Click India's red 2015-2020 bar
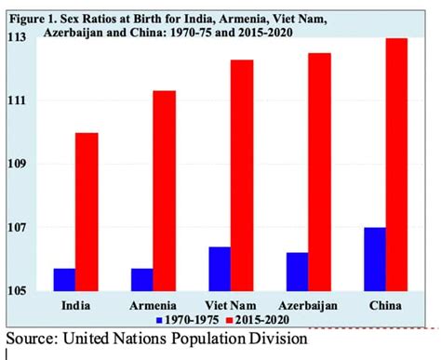[87, 212]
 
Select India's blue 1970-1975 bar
[64, 279]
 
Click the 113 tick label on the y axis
[18, 37]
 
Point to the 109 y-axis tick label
[18, 165]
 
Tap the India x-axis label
[75, 305]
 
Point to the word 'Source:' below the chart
[31, 339]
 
